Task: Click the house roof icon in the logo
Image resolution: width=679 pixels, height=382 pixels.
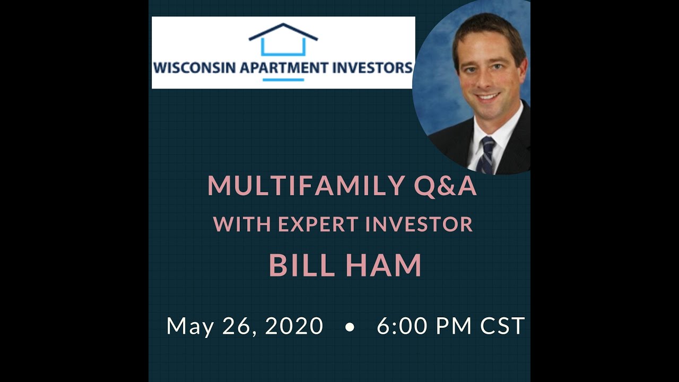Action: point(283,33)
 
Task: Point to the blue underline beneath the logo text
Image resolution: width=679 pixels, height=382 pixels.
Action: point(283,80)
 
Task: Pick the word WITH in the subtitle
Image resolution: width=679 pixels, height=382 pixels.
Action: point(242,224)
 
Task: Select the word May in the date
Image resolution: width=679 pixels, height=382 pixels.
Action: point(190,326)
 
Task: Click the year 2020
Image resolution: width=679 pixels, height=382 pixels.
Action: point(294,326)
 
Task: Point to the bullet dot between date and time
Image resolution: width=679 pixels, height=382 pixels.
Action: point(349,328)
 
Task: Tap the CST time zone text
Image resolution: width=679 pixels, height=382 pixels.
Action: point(502,326)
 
